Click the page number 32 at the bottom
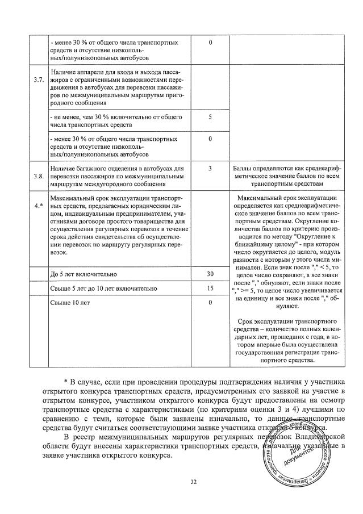[193, 482]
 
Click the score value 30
[210, 274]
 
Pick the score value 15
[210, 288]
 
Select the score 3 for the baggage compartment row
[210, 169]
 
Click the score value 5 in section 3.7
[210, 116]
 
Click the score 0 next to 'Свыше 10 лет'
[210, 302]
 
